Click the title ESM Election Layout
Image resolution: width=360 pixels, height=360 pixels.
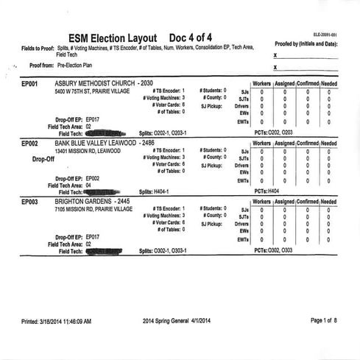click(x=112, y=38)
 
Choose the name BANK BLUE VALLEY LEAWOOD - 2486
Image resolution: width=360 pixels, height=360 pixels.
click(x=110, y=143)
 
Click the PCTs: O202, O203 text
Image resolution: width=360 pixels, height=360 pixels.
click(x=273, y=133)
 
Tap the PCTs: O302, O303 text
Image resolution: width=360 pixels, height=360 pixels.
click(x=273, y=251)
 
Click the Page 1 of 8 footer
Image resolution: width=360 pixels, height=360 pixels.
click(x=323, y=321)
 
